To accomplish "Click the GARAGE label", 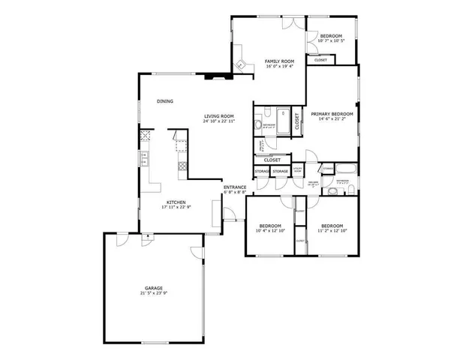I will click(153, 288).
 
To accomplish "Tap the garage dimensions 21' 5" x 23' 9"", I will click(153, 293).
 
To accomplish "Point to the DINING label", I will click(165, 101).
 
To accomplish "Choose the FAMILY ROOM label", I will click(280, 61).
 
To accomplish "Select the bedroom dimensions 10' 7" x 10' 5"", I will click(331, 41).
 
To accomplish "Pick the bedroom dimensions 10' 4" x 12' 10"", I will click(270, 230).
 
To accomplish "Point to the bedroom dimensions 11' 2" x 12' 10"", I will click(332, 230).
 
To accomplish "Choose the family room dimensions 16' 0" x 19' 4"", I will click(280, 66).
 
